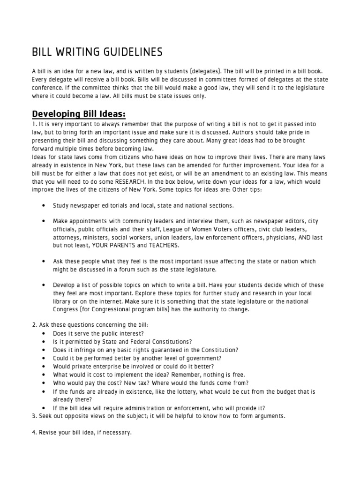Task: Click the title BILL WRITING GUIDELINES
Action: point(97,51)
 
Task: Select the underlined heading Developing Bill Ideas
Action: point(79,115)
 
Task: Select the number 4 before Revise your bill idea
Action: point(34,433)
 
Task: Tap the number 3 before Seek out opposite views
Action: point(34,416)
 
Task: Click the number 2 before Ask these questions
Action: point(34,325)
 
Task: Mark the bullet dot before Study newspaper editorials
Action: point(43,205)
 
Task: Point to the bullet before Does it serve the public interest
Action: point(43,333)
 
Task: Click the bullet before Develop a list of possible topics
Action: point(43,285)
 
